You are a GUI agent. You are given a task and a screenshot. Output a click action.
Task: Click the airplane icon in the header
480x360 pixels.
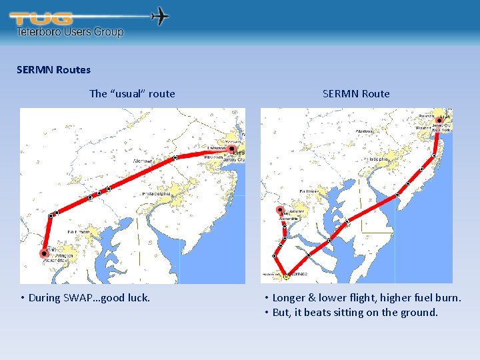(x=161, y=16)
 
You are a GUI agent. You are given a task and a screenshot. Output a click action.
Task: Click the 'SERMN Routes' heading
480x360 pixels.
(x=53, y=69)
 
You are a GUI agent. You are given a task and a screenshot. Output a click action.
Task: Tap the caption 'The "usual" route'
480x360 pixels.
(x=132, y=93)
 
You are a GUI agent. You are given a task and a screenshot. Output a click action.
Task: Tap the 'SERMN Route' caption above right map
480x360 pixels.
(x=356, y=93)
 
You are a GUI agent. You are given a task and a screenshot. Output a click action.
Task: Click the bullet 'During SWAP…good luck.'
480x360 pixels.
(x=89, y=297)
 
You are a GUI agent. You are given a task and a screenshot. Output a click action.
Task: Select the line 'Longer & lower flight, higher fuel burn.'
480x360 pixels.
(x=366, y=297)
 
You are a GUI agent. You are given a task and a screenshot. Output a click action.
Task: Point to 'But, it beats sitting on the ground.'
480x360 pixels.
(x=355, y=312)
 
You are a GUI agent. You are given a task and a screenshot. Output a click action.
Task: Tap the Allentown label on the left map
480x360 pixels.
(x=142, y=161)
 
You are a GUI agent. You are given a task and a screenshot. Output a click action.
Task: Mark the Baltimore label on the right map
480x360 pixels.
(x=310, y=191)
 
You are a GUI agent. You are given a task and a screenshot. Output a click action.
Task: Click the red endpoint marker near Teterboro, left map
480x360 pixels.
(x=231, y=149)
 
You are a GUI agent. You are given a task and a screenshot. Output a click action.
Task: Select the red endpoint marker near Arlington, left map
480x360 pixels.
(x=44, y=253)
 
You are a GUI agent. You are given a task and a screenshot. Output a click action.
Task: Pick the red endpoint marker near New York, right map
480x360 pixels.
(x=439, y=121)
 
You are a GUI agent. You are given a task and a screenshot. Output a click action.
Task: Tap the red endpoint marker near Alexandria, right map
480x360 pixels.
(x=279, y=210)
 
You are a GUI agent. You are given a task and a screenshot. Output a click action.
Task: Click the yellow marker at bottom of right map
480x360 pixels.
(x=286, y=276)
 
